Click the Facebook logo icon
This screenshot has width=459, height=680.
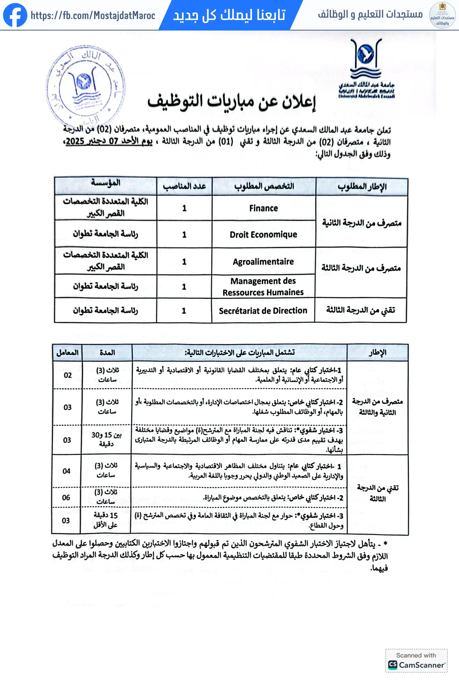[15, 15]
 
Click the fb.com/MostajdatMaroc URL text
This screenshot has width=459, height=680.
[93, 15]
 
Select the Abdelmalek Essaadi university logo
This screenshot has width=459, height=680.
[366, 69]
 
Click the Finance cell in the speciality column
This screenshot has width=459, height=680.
[264, 208]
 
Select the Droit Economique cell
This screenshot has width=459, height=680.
[263, 234]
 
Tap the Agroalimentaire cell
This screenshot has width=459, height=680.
[263, 262]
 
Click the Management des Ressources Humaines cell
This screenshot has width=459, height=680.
[263, 287]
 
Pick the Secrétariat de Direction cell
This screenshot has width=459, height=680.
[263, 310]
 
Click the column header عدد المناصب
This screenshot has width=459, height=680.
[184, 186]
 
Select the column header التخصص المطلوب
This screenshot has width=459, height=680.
[264, 186]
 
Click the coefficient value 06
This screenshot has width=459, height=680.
[66, 497]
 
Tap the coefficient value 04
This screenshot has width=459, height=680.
[66, 471]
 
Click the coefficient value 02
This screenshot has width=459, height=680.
[67, 375]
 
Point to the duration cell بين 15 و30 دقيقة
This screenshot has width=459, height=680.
[106, 440]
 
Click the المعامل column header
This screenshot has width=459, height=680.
[67, 353]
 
